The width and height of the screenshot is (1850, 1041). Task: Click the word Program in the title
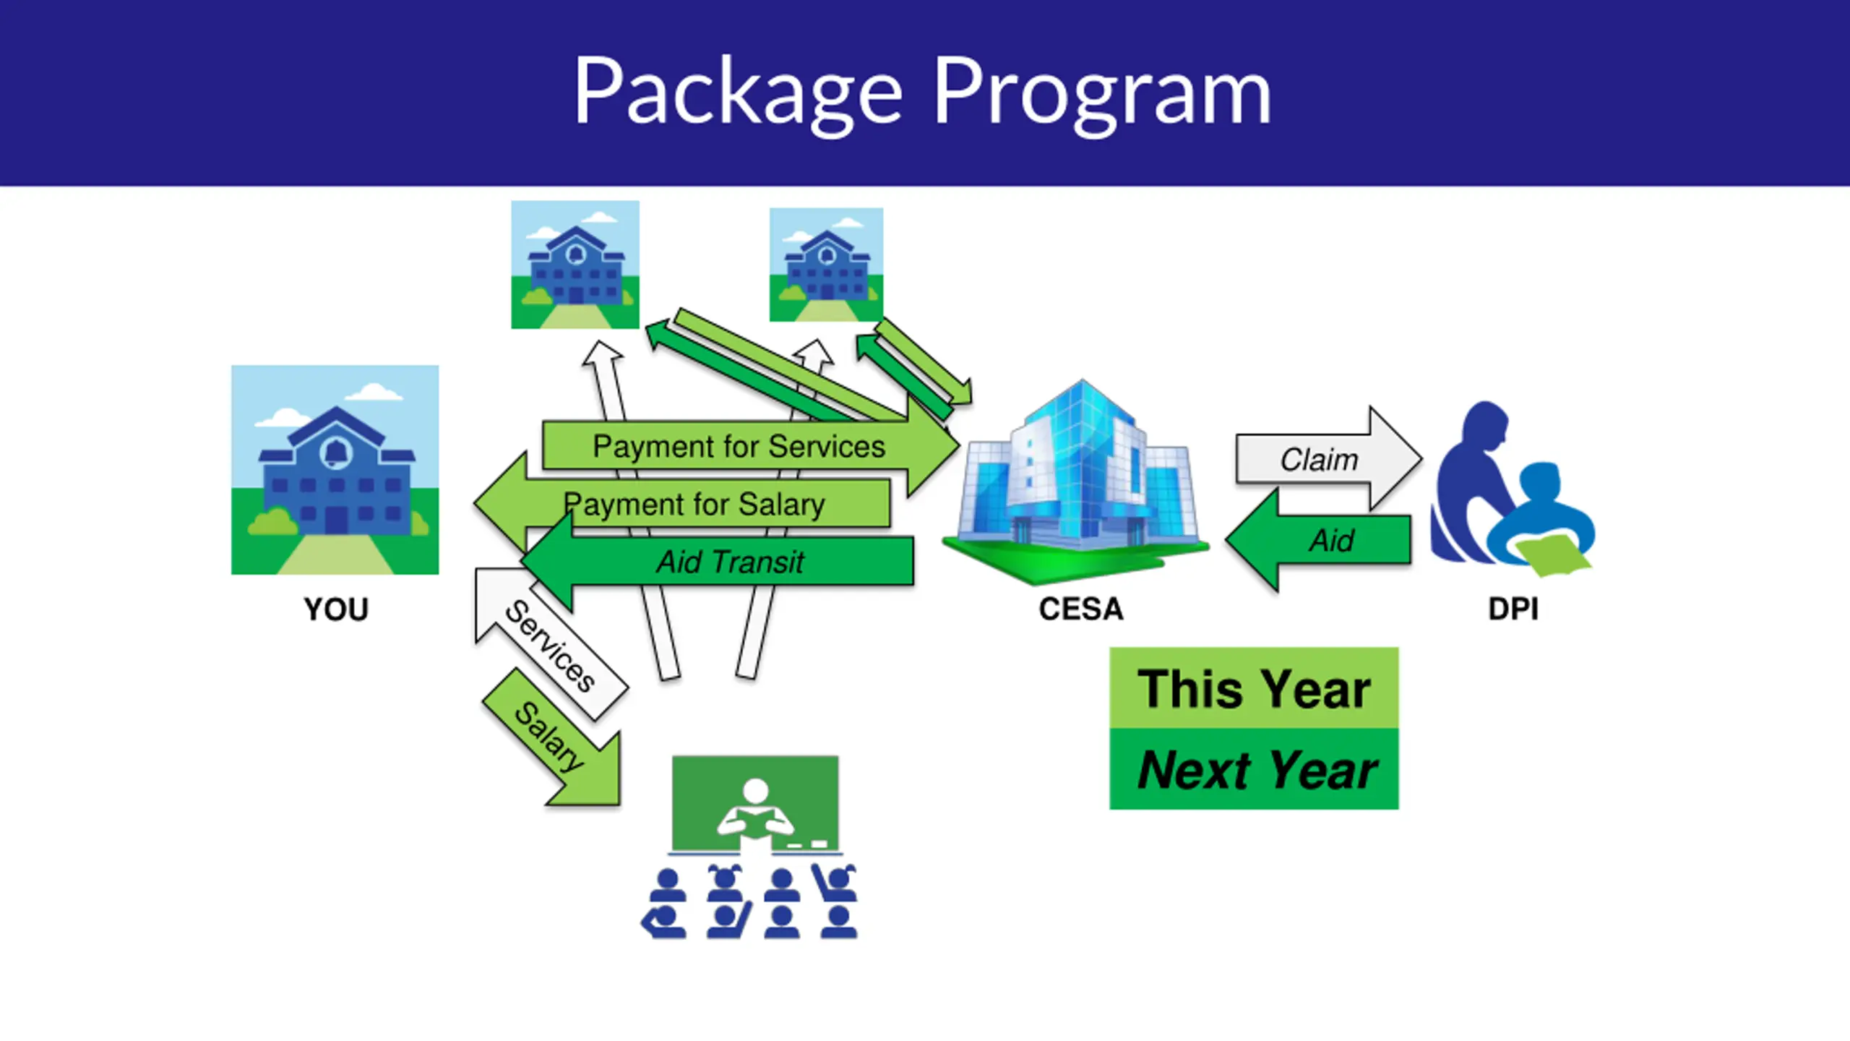pyautogui.click(x=1101, y=94)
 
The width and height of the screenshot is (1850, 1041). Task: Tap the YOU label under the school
pyautogui.click(x=336, y=609)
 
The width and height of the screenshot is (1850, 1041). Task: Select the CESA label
pyautogui.click(x=1081, y=609)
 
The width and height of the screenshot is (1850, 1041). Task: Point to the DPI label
pyautogui.click(x=1513, y=609)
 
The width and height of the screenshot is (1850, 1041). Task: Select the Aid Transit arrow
pyautogui.click(x=730, y=562)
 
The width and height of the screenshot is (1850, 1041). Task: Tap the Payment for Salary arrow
pyautogui.click(x=694, y=504)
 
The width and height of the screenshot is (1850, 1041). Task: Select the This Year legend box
pyautogui.click(x=1254, y=688)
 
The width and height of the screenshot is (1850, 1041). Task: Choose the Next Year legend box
pyautogui.click(x=1254, y=769)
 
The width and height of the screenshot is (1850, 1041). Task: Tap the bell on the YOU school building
pyautogui.click(x=335, y=453)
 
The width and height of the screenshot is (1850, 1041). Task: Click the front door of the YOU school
pyautogui.click(x=335, y=520)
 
